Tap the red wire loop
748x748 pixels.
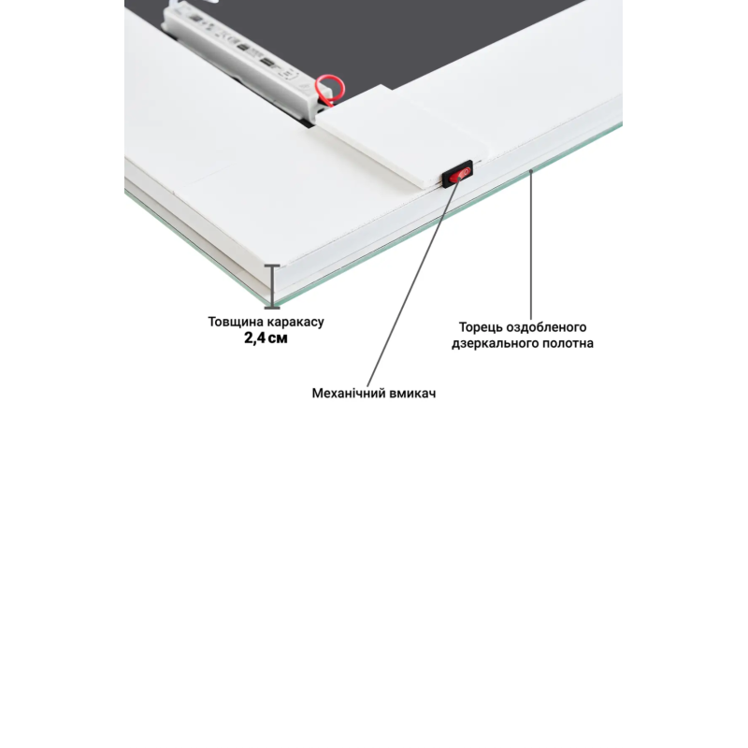pos(329,91)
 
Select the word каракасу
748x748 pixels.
pos(295,322)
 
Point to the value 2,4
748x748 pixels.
pos(254,338)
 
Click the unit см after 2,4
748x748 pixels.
pos(278,339)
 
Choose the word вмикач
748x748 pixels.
pos(412,393)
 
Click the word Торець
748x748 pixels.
pos(481,328)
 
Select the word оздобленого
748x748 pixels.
pos(546,328)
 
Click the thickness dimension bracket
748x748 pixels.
pos(272,286)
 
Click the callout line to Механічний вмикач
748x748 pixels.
pos(413,281)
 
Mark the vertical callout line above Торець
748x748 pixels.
pos(531,245)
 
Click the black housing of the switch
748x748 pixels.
pos(457,174)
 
